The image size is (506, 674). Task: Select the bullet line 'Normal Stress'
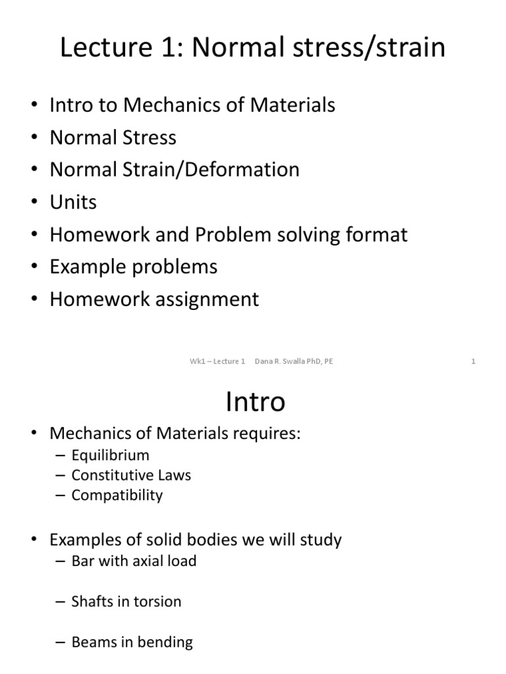113,138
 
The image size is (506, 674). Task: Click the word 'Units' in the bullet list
73,202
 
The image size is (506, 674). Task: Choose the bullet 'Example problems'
133,267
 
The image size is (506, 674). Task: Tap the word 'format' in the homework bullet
378,234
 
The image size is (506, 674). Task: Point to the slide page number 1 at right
473,361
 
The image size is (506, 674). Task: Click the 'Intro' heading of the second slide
255,402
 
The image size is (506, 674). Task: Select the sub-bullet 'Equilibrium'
110,455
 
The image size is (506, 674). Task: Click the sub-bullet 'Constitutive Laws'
131,475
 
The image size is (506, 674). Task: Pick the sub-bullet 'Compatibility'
117,495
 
